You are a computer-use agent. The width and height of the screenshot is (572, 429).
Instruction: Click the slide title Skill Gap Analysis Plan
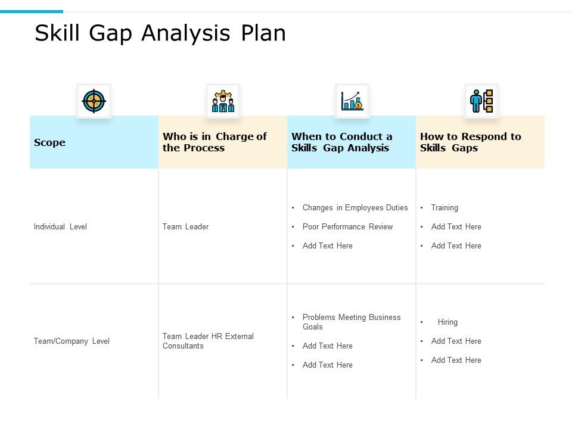160,33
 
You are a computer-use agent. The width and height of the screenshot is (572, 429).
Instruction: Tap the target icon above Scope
94,101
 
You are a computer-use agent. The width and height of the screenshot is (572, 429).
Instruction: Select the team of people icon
223,101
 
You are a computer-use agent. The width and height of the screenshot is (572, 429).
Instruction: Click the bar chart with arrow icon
352,101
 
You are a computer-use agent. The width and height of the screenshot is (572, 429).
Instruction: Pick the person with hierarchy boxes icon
481,101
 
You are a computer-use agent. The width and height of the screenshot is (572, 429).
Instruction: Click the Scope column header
50,142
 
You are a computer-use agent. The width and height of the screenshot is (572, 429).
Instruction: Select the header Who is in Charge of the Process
214,142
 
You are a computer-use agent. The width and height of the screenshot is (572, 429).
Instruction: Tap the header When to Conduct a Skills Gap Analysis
342,142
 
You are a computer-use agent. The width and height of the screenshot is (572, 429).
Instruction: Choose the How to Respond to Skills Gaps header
470,142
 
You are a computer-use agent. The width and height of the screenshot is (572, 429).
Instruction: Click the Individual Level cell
60,227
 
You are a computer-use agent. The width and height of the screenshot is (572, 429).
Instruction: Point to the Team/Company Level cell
71,341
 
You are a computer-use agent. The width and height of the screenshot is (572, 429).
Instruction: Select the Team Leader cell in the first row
185,227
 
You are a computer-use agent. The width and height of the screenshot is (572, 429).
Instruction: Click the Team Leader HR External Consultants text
208,341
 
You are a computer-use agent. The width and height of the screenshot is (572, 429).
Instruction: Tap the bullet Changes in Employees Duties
355,208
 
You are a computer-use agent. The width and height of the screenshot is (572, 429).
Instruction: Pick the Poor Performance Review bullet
347,227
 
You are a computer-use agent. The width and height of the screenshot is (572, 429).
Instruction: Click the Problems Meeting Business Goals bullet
351,322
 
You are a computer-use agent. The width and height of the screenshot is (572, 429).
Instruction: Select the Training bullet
444,208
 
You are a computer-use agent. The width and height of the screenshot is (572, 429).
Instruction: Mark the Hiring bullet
447,322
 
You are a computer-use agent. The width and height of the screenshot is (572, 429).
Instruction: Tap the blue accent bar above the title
31,11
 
